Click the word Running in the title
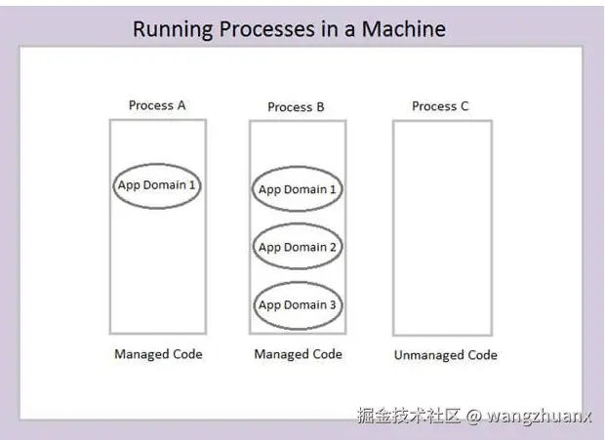pos(173,29)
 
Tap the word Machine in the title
pos(404,29)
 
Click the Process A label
pos(157,105)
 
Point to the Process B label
pos(296,107)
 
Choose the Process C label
pos(440,106)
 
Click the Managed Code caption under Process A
pos(158,354)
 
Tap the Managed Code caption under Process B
pos(298,354)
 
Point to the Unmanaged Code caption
pos(446,355)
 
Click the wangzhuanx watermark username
pos(539,417)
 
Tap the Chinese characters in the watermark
pos(409,416)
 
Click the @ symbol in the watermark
pos(474,416)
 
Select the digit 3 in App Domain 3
pos(332,305)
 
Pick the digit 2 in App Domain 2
pos(332,247)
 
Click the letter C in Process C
pos(464,106)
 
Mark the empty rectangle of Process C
pos(393,227)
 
